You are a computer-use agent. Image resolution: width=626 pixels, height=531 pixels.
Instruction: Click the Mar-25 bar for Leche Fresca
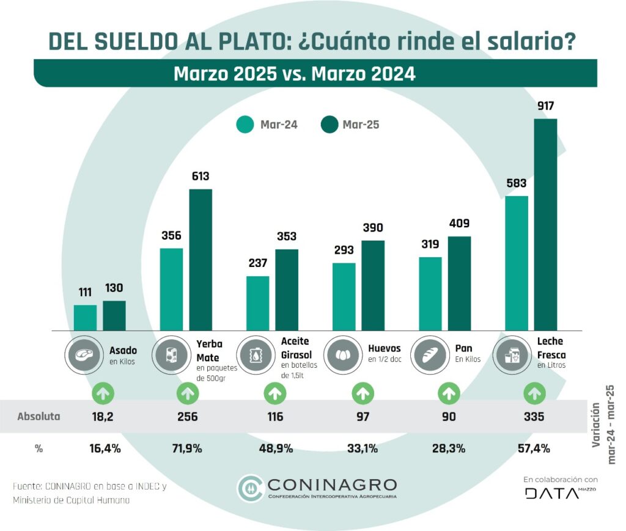pos(545,225)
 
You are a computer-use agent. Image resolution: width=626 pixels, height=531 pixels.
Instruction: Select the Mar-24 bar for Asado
pos(85,318)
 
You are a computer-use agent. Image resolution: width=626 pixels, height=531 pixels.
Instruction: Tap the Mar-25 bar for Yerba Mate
pos(201,260)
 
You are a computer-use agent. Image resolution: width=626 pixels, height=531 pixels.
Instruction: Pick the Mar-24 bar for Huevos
pos(344,296)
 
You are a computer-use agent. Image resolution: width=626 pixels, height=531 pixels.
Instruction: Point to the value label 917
pos(545,106)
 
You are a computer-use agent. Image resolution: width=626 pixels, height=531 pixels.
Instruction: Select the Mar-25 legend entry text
pos(361,125)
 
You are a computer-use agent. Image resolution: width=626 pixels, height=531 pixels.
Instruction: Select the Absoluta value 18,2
pos(103,417)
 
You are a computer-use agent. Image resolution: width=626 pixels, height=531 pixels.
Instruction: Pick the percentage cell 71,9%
pos(187,449)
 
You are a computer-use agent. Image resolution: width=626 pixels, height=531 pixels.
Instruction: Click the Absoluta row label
pos(39,417)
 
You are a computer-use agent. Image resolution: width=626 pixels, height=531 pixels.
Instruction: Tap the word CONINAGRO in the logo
pos(332,485)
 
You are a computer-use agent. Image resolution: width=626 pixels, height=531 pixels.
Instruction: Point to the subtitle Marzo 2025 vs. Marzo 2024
pos(295,74)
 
